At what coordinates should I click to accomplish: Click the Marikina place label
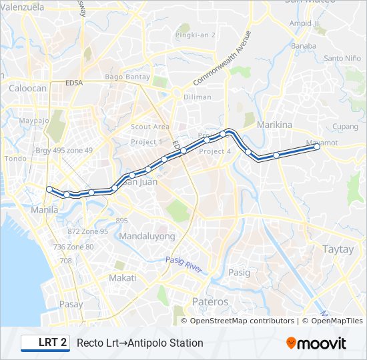pyautogui.click(x=275, y=125)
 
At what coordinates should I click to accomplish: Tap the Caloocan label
pyautogui.click(x=27, y=87)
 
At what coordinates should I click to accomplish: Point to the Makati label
pyautogui.click(x=123, y=277)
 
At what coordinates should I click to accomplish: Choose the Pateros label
pyautogui.click(x=210, y=302)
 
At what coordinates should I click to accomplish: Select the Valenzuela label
pyautogui.click(x=23, y=7)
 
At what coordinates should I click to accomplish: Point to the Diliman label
pyautogui.click(x=197, y=97)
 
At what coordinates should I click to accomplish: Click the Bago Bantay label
pyautogui.click(x=127, y=77)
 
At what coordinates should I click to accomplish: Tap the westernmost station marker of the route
pyautogui.click(x=49, y=189)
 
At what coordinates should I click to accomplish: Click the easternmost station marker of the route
pyautogui.click(x=317, y=148)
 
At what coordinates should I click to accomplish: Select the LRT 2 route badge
pyautogui.click(x=45, y=343)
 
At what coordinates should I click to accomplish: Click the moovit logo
pyautogui.click(x=316, y=343)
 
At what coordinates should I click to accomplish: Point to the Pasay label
pyautogui.click(x=71, y=304)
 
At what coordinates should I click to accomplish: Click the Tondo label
pyautogui.click(x=15, y=159)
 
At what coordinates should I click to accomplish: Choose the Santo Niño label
pyautogui.click(x=342, y=58)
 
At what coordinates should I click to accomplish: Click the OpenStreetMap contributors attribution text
pyautogui.click(x=242, y=321)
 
